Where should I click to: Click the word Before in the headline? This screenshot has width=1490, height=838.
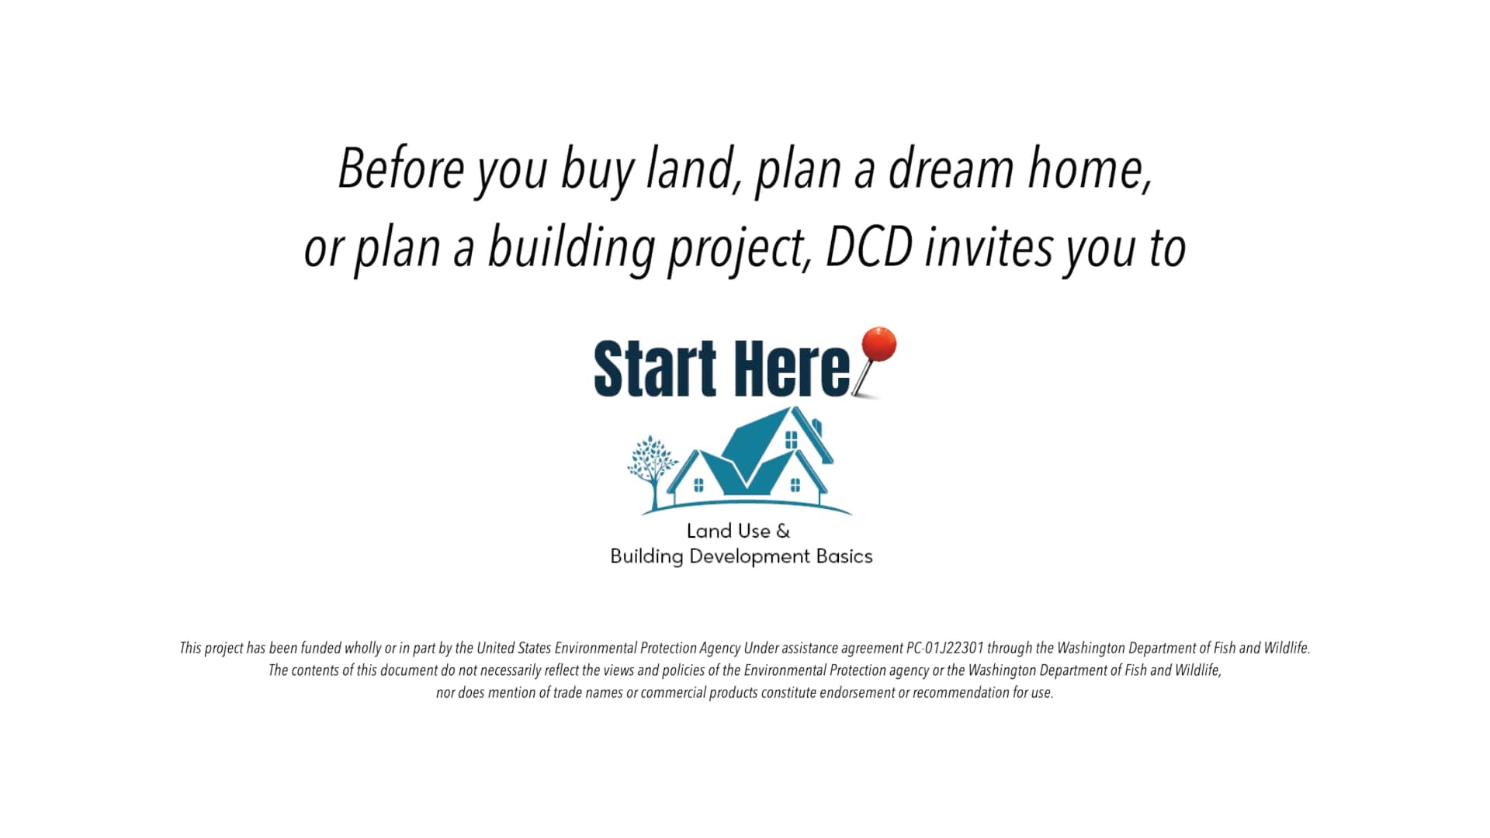point(400,168)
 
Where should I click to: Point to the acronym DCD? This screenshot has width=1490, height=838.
point(869,248)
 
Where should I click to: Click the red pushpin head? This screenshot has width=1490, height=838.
point(878,345)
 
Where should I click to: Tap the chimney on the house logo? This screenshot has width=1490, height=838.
point(817,428)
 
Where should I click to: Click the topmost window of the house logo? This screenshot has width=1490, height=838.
point(791,440)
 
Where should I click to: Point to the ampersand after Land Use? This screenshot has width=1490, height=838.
point(783,532)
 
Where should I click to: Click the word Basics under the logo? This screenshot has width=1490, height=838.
point(844,556)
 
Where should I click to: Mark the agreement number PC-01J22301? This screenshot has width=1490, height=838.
point(944,648)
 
